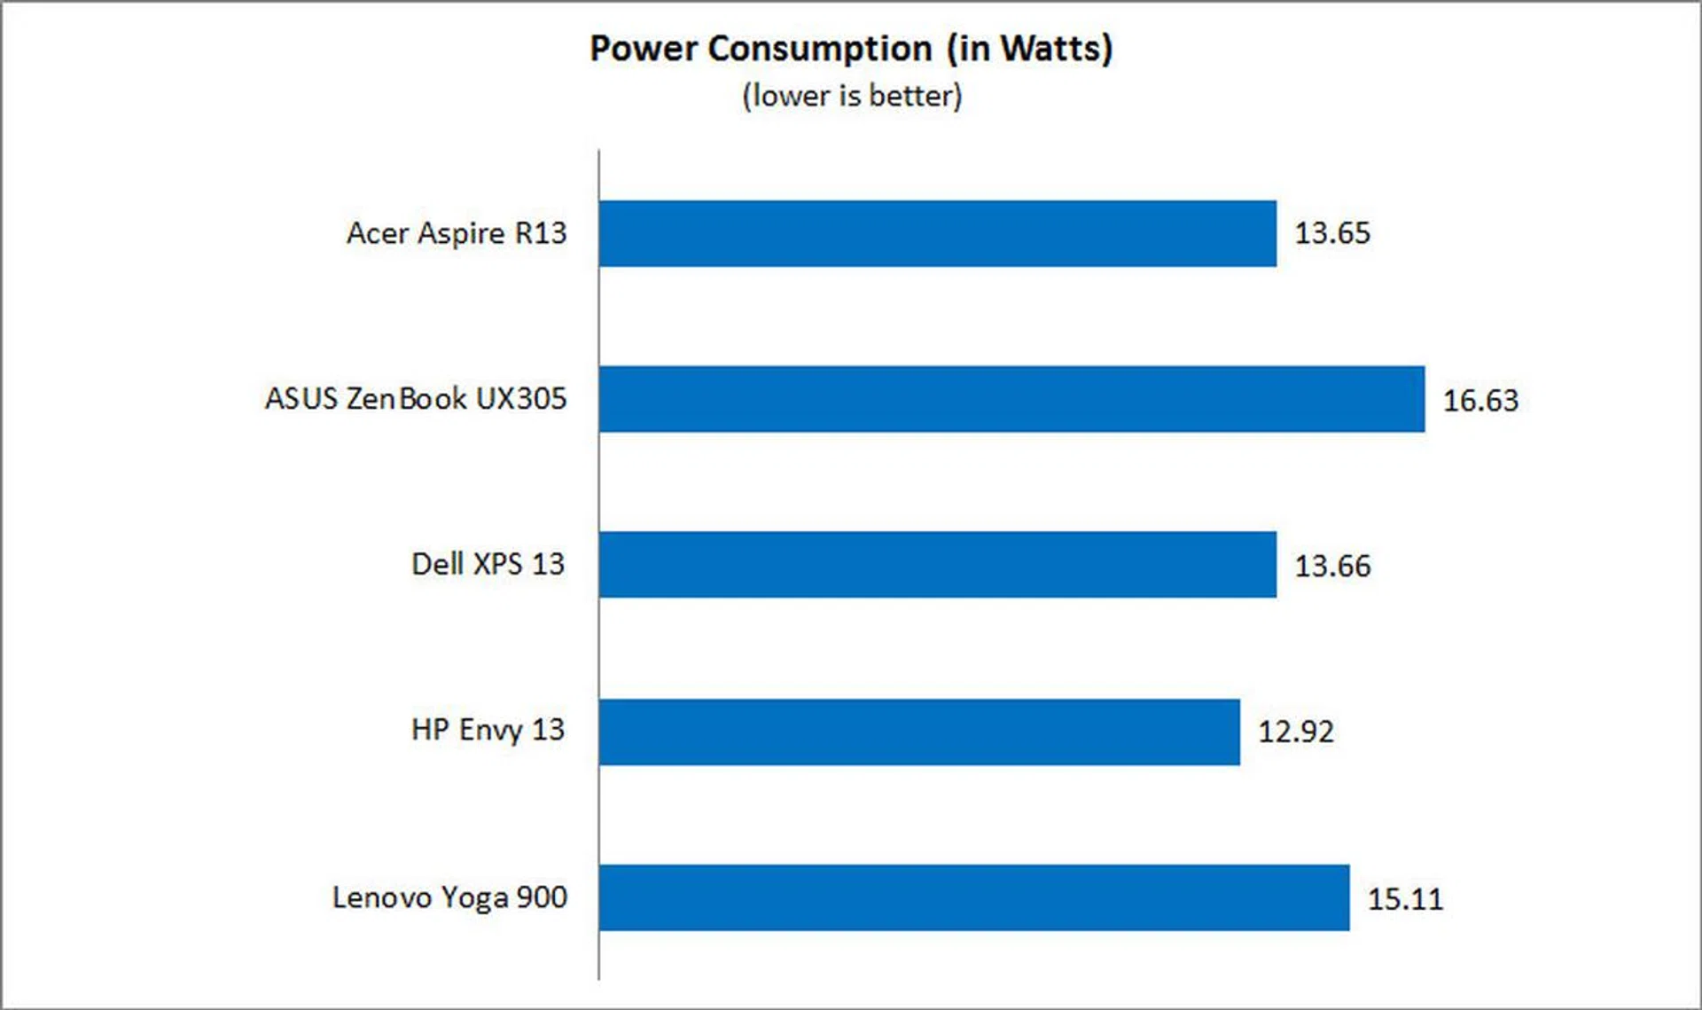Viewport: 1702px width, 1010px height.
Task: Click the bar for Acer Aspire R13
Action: [x=937, y=233]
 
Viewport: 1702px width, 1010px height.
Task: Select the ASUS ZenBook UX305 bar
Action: [x=1011, y=399]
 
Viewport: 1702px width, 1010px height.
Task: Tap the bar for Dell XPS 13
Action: [x=937, y=565]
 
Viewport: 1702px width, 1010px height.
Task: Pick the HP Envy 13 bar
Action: [x=919, y=732]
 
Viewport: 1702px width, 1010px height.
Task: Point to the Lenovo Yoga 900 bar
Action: [x=973, y=897]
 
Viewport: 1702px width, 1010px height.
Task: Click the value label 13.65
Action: [x=1332, y=233]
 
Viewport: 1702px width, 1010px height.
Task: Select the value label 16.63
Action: [x=1480, y=400]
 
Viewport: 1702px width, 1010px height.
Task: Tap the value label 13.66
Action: [x=1332, y=566]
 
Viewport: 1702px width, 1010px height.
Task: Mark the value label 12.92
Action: [x=1296, y=732]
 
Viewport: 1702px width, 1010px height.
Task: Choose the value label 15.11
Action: [x=1405, y=898]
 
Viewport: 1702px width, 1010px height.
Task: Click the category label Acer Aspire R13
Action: [x=456, y=233]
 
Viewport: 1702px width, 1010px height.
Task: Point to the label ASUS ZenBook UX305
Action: [x=416, y=399]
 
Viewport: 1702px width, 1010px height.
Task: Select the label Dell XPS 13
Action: [x=488, y=565]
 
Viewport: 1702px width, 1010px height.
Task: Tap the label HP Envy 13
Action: [x=488, y=731]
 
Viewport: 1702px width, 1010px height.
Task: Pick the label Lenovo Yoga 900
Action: [x=449, y=897]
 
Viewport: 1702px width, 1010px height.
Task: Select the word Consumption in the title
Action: [x=820, y=49]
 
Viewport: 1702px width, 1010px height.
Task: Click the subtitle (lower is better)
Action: [x=852, y=96]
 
